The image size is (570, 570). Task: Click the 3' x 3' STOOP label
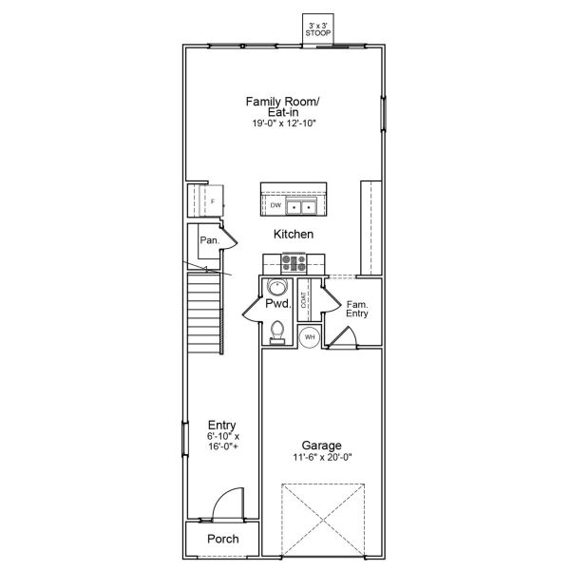(317, 28)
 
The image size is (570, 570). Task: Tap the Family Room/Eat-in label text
(284, 106)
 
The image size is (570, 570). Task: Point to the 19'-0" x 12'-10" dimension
(284, 123)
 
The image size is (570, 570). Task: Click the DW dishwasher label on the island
(275, 205)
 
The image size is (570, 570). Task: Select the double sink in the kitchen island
(303, 205)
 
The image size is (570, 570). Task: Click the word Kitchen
(294, 234)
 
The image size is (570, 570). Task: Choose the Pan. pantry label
(209, 241)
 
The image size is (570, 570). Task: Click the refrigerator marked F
(212, 201)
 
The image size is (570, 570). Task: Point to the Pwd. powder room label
(276, 304)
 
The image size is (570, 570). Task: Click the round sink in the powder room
(276, 287)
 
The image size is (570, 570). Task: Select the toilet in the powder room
(276, 331)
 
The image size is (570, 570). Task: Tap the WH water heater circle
(310, 336)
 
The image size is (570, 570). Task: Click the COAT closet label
(304, 301)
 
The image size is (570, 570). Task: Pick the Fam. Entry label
(357, 309)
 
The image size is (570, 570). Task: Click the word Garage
(323, 445)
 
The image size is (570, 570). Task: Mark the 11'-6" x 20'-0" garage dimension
(323, 457)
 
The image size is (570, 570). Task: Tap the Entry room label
(222, 426)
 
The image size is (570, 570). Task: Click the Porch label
(222, 540)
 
